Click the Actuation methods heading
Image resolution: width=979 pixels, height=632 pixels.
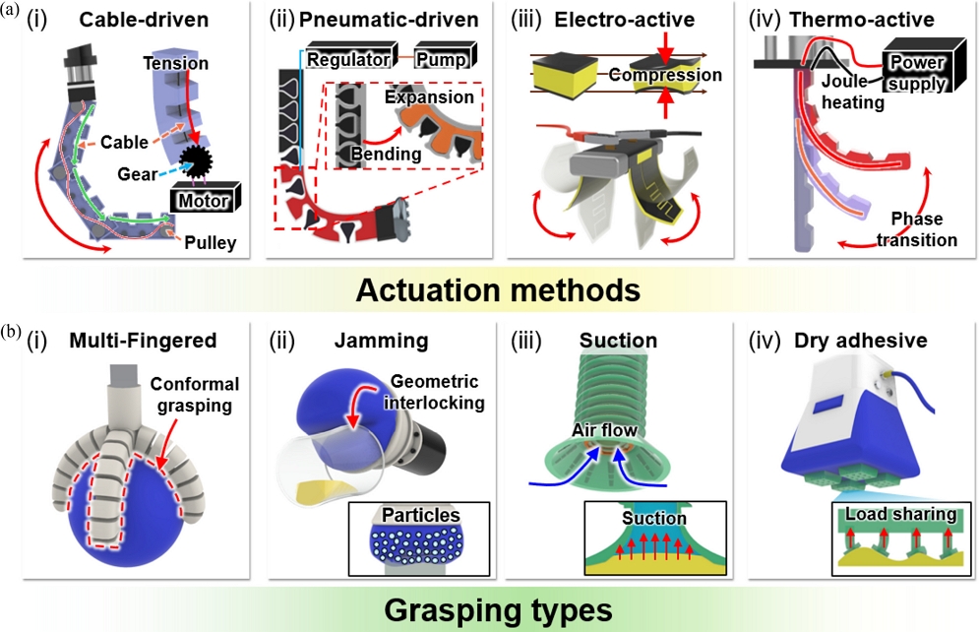489,290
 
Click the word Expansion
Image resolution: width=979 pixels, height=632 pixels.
429,97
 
